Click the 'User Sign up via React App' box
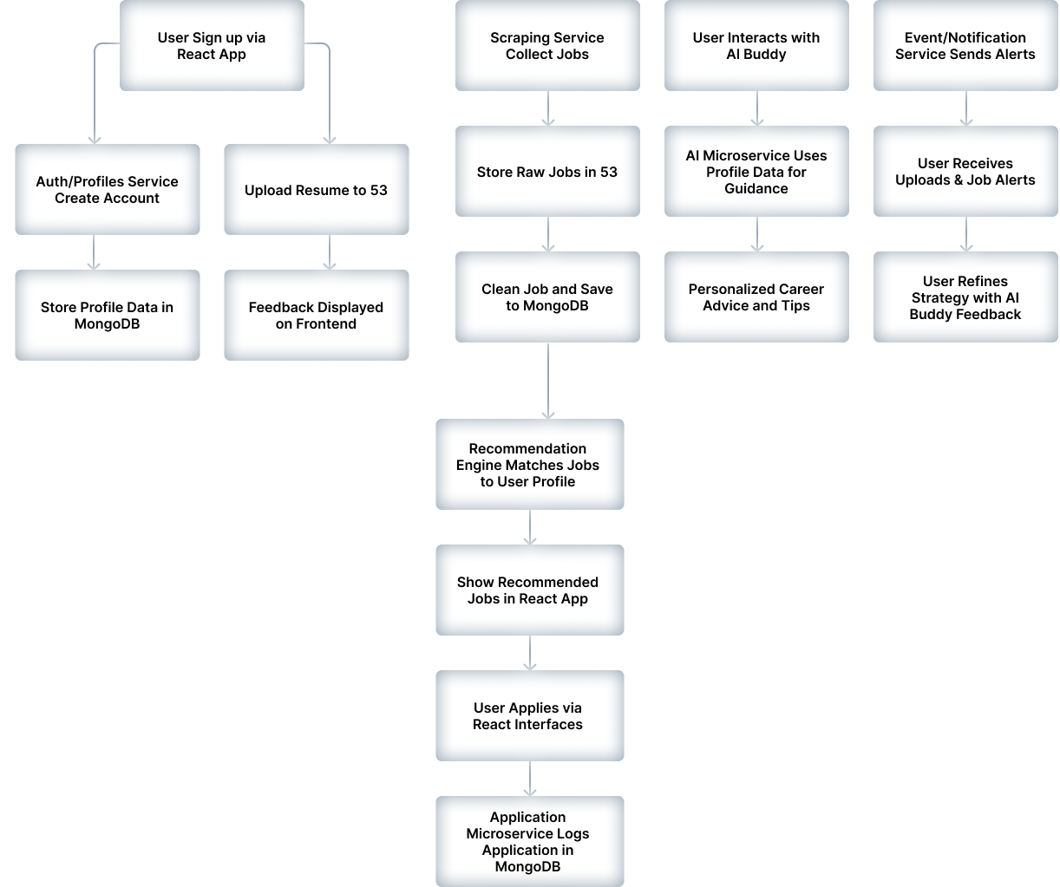[x=212, y=46]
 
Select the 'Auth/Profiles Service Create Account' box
[x=107, y=189]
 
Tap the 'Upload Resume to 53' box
[x=317, y=189]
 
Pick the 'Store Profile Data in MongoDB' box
[x=107, y=315]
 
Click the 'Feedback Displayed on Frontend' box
[x=317, y=315]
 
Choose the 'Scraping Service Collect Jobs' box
[x=547, y=46]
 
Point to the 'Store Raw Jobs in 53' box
[x=547, y=172]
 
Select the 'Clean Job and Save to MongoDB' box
[x=547, y=297]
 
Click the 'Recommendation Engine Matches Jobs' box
[x=529, y=464]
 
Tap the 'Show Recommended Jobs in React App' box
[x=529, y=590]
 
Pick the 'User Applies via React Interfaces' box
[x=529, y=715]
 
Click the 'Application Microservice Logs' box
[x=529, y=841]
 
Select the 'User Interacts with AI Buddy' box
[x=756, y=46]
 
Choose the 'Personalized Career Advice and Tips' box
[x=756, y=297]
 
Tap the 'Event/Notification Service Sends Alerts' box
[x=965, y=46]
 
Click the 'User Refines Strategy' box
[x=965, y=297]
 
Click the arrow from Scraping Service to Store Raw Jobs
[x=547, y=108]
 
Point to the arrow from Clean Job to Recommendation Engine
[x=547, y=381]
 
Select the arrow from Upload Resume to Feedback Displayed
[x=330, y=252]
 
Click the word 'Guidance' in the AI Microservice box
[x=756, y=189]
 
